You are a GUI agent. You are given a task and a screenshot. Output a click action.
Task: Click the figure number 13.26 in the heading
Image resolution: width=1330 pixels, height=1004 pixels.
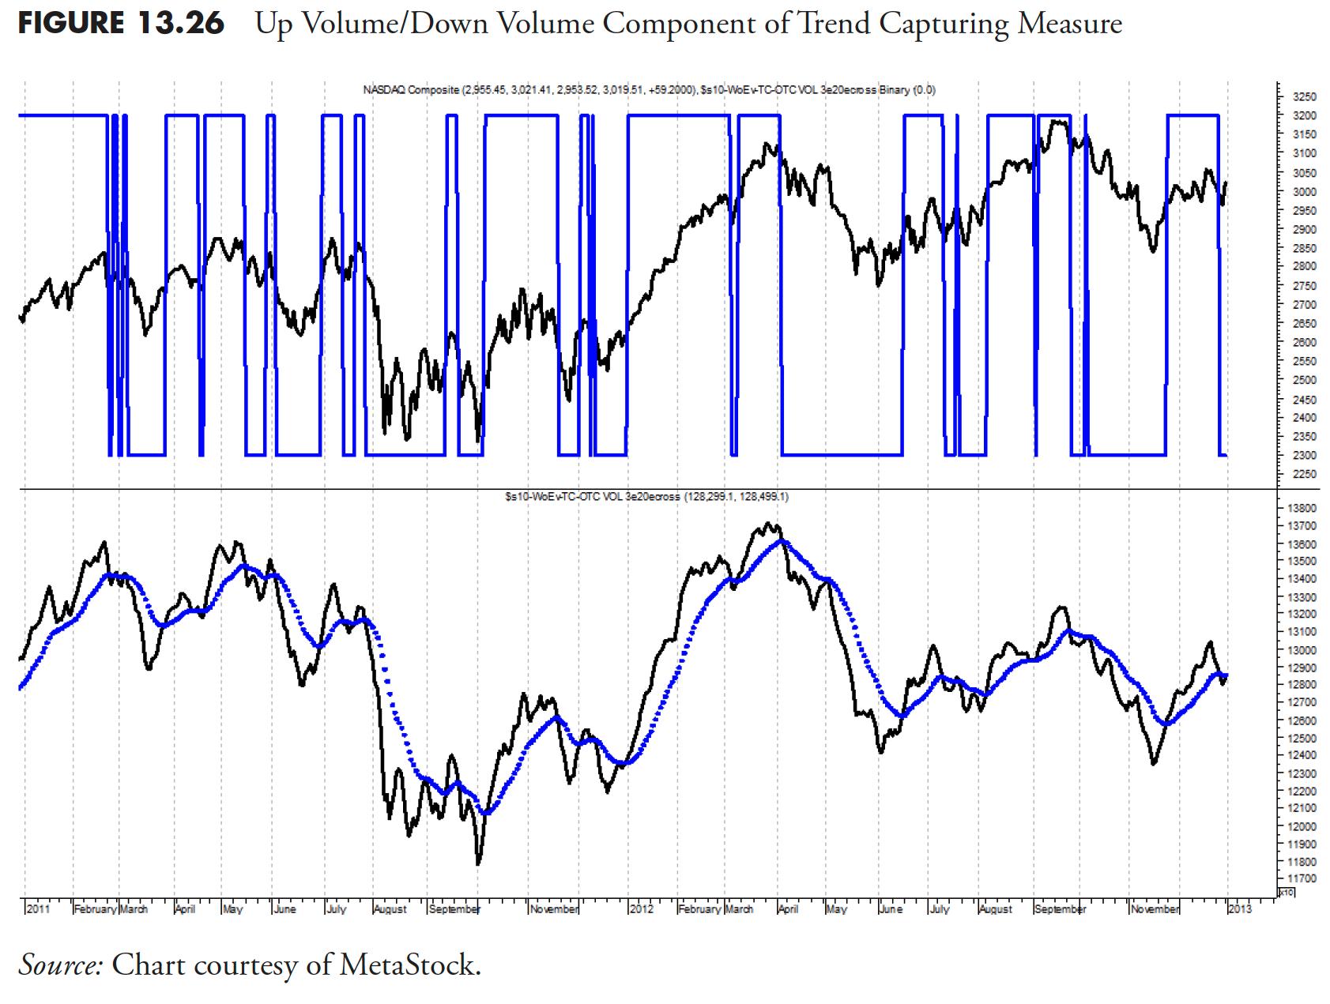coord(179,24)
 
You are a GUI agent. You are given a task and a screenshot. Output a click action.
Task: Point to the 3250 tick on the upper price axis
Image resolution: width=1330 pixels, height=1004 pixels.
coord(1304,97)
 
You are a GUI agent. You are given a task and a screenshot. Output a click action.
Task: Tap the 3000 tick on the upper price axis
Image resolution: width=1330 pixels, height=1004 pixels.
coord(1304,192)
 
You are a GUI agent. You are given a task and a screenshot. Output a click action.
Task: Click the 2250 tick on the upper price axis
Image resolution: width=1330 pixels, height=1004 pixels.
coord(1304,475)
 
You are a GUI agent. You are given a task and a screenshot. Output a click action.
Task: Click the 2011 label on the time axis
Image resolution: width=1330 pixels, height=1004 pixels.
coord(38,909)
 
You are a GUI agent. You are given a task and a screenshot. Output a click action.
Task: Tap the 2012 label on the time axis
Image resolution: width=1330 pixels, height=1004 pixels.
coord(641,909)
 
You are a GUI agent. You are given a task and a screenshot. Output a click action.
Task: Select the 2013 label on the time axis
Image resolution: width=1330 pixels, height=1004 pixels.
coord(1239,909)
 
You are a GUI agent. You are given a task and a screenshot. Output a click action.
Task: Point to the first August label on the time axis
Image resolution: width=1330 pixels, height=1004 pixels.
coord(390,909)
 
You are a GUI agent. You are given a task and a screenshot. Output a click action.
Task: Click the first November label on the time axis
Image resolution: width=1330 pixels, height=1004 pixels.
coord(555,909)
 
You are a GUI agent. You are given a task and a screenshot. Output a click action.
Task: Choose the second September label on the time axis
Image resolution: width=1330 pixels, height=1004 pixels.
coord(1060,909)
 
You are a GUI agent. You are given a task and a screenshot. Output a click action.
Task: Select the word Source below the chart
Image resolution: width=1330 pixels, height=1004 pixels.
coord(60,964)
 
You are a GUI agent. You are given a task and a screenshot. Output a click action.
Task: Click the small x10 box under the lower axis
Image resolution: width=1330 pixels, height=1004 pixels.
coord(1287,892)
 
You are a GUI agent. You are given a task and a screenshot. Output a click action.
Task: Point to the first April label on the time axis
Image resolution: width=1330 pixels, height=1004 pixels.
coord(185,909)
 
